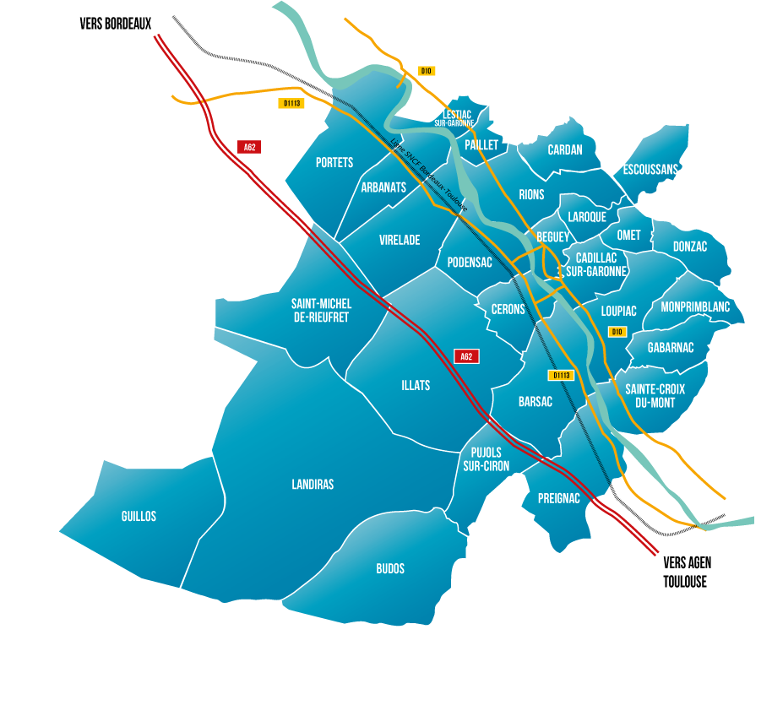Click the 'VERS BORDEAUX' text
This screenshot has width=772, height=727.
click(115, 24)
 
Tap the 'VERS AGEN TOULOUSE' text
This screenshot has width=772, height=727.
click(688, 572)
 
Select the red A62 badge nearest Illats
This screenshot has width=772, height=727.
click(466, 356)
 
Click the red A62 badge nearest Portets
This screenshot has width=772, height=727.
click(249, 147)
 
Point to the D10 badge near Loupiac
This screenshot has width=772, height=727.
click(617, 332)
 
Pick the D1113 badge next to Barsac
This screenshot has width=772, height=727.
click(561, 375)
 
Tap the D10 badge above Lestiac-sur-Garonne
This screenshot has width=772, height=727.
click(427, 71)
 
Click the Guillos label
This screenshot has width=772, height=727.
click(139, 516)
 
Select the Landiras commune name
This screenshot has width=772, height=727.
click(313, 484)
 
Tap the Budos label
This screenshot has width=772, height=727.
click(390, 568)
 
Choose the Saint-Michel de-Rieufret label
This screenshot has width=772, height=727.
click(321, 310)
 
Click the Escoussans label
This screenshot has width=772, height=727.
click(650, 169)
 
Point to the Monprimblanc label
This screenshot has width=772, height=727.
click(695, 307)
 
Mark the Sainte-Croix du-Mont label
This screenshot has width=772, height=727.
click(655, 395)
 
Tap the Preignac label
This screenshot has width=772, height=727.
click(559, 498)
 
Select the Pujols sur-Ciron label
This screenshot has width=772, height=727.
click(486, 458)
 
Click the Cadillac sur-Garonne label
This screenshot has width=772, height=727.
click(596, 264)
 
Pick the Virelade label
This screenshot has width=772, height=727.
click(400, 240)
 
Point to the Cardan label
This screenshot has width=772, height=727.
click(565, 149)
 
